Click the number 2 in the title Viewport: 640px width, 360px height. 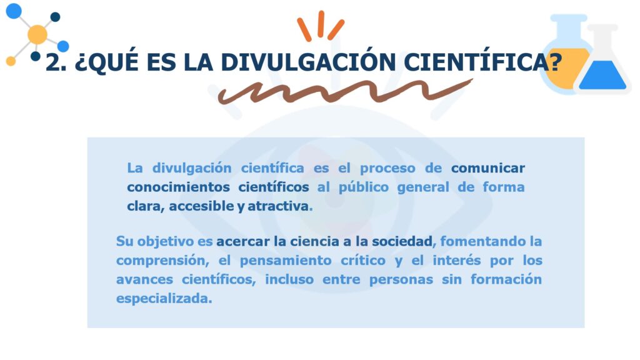(54, 62)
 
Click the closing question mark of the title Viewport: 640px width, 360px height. (551, 62)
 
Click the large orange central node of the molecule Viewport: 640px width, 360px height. (37, 34)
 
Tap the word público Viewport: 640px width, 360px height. (363, 187)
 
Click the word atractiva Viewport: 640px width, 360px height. (278, 206)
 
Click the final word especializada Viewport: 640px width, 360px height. (163, 298)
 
